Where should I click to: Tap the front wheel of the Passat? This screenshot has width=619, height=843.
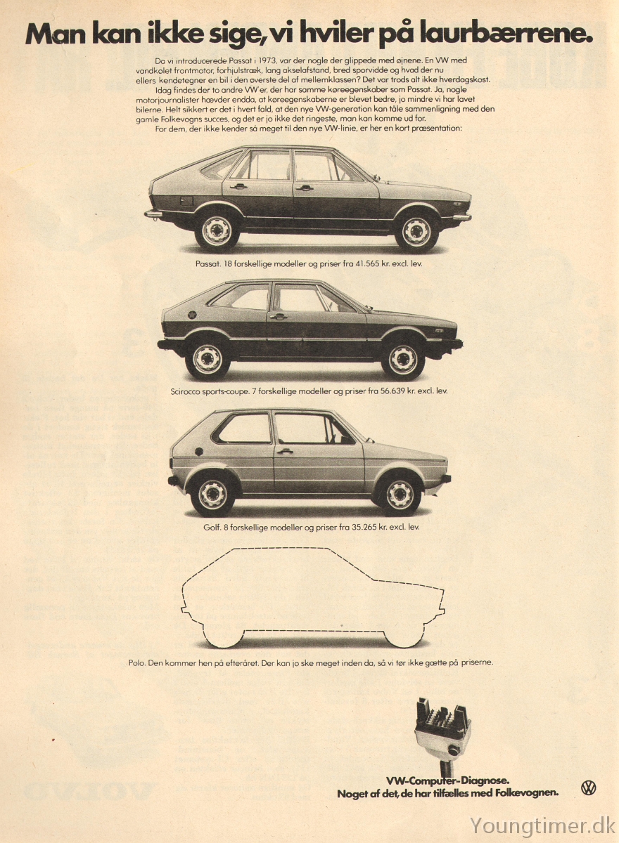(x=416, y=230)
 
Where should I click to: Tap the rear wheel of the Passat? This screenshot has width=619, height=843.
(x=217, y=230)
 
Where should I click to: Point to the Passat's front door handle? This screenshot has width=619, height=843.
(x=305, y=188)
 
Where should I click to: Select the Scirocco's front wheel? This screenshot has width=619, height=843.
(x=403, y=359)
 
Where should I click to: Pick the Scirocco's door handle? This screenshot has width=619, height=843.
(x=278, y=317)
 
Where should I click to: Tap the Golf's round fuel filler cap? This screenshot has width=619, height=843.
(x=199, y=452)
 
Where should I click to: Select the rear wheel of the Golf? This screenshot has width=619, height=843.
(x=213, y=494)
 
